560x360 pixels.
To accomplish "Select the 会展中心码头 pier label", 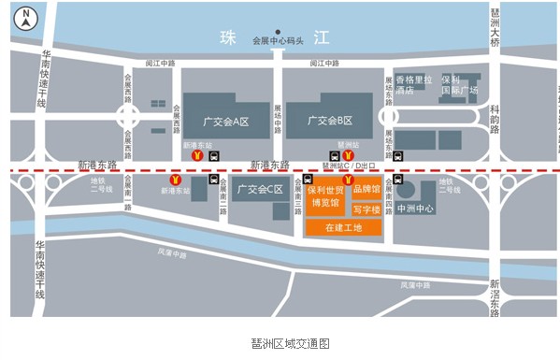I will point(278,40).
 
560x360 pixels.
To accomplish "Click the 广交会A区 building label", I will point(225,121).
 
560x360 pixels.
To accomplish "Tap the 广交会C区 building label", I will point(260,190).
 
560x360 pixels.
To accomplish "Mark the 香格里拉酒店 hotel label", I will point(412,85).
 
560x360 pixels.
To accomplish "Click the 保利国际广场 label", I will point(459,85).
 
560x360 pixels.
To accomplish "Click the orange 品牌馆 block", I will point(366,190).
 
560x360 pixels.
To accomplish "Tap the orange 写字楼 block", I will point(366,209).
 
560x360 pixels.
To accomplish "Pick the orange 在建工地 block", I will point(343,227).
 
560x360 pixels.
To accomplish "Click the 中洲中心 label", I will point(415,208).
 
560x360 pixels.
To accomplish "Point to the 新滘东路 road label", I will point(495,296).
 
